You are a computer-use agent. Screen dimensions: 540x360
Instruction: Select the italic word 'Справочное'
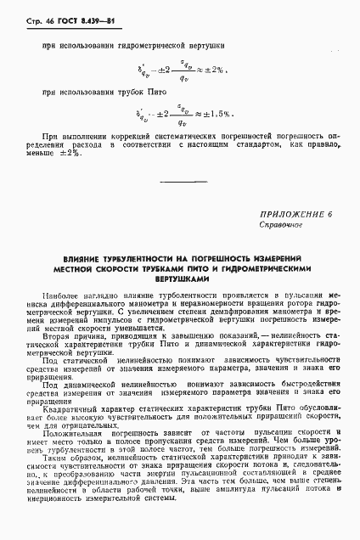[x=277, y=228]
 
